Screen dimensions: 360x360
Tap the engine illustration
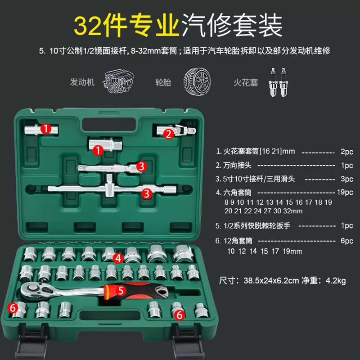pyautogui.click(x=118, y=82)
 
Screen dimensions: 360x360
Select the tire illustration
pyautogui.click(x=197, y=81)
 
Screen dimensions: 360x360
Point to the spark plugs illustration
pyautogui.click(x=279, y=82)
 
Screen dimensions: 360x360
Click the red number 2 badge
pyautogui.click(x=169, y=134)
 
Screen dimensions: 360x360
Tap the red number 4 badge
pyautogui.click(x=118, y=258)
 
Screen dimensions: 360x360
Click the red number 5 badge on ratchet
pyautogui.click(x=121, y=290)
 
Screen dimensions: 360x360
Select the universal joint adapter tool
pyautogui.click(x=176, y=130)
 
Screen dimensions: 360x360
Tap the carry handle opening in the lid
pyautogui.click(x=109, y=125)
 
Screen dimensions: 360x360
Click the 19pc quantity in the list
pyautogui.click(x=345, y=192)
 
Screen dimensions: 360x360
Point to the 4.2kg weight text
pyautogui.click(x=336, y=280)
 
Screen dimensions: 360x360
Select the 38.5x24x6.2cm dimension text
pyautogui.click(x=271, y=280)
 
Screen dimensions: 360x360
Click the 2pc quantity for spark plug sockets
pyautogui.click(x=346, y=152)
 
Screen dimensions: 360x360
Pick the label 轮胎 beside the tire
pyautogui.click(x=163, y=82)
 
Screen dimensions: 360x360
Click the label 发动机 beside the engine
pyautogui.click(x=82, y=82)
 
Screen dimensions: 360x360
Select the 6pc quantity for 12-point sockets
pyautogui.click(x=346, y=241)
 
